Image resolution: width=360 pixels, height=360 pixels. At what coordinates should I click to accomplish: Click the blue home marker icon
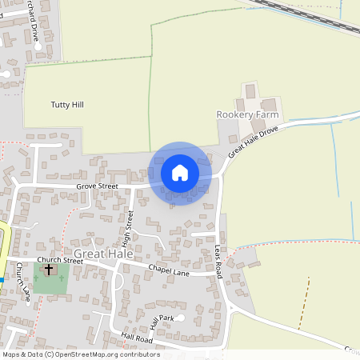coord(180,173)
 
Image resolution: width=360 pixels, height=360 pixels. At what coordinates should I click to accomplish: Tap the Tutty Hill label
coord(67,105)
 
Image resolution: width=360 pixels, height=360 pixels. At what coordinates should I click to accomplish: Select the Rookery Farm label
coord(247,115)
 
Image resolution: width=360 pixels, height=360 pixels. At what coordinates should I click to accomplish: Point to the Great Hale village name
coord(96,253)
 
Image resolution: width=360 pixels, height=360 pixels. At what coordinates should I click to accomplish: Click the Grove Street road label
coord(97,186)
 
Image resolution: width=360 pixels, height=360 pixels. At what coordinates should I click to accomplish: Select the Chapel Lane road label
coord(169,270)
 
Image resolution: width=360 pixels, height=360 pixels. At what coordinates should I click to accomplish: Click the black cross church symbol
coord(49,270)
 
